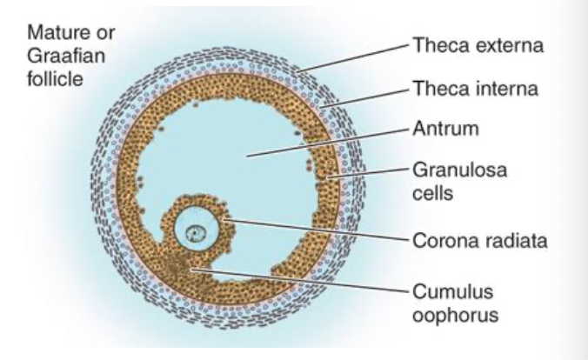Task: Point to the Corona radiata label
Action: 478,239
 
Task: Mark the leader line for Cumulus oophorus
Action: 304,280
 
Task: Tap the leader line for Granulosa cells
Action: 365,176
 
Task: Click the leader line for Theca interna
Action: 365,97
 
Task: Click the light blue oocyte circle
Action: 185,227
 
